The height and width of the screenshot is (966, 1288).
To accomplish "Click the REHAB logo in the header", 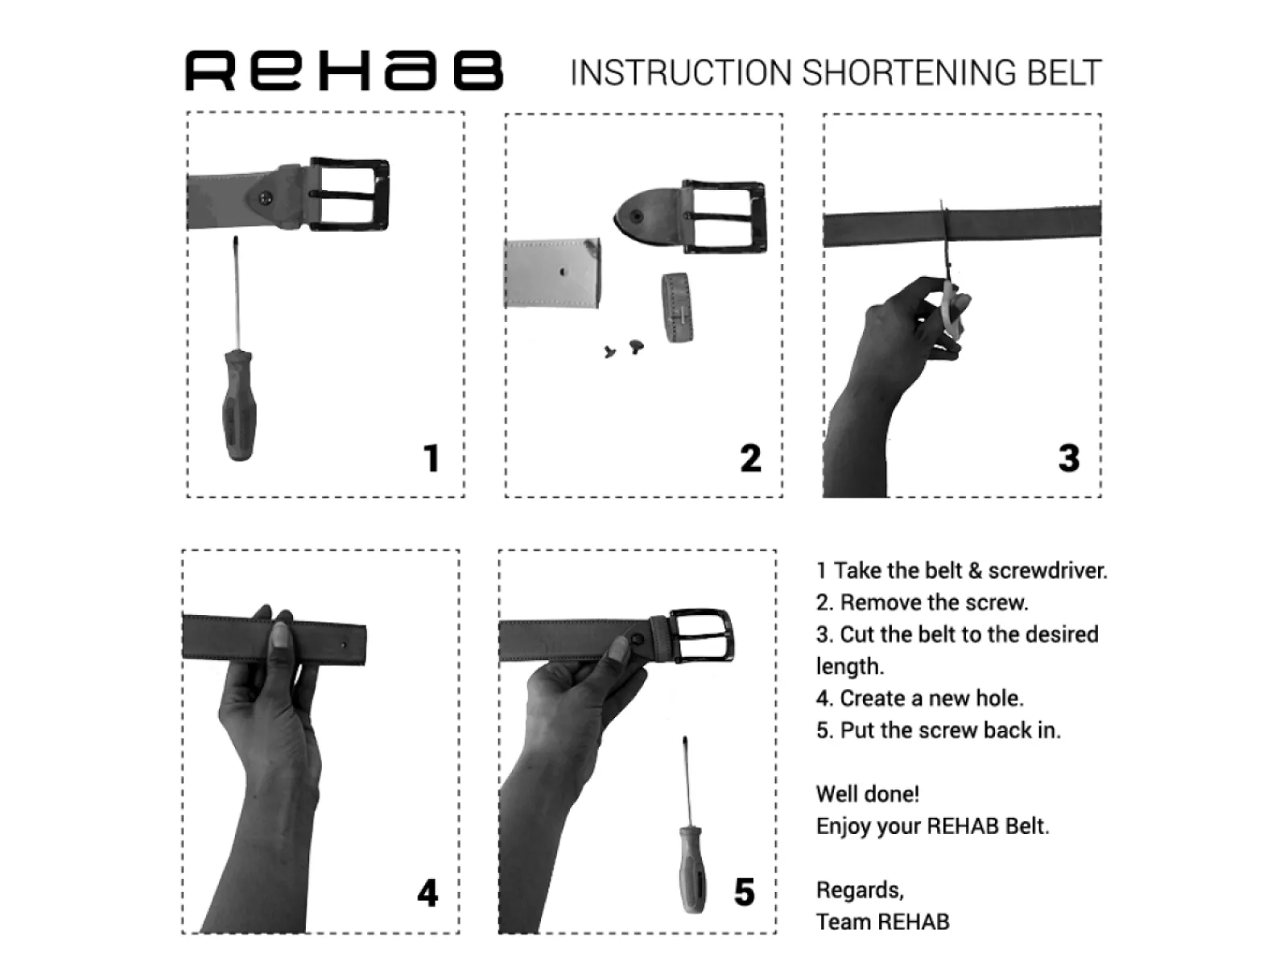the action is pyautogui.click(x=344, y=70).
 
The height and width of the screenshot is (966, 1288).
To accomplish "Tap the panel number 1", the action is pyautogui.click(x=431, y=458).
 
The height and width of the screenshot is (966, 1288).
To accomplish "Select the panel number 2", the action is pyautogui.click(x=750, y=458).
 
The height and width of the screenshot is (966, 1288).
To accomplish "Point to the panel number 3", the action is pyautogui.click(x=1068, y=458).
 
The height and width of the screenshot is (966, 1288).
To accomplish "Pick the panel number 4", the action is pyautogui.click(x=427, y=894).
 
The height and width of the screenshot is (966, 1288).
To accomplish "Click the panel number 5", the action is pyautogui.click(x=744, y=892).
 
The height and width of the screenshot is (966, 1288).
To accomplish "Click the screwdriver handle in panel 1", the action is pyautogui.click(x=239, y=405).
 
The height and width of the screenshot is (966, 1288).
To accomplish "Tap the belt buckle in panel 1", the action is pyautogui.click(x=349, y=194).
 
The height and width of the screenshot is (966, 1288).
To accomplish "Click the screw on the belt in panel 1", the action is pyautogui.click(x=265, y=198).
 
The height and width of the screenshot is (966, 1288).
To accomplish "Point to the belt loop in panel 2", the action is pyautogui.click(x=678, y=308).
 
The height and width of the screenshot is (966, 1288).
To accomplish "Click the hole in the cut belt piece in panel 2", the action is pyautogui.click(x=563, y=271).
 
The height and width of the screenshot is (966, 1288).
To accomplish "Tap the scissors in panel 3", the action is pyautogui.click(x=952, y=275).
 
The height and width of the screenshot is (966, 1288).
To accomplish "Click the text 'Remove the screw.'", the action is pyautogui.click(x=934, y=602).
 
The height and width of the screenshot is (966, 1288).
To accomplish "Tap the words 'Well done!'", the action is pyautogui.click(x=867, y=795).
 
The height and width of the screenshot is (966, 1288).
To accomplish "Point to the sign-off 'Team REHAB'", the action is pyautogui.click(x=882, y=922).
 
